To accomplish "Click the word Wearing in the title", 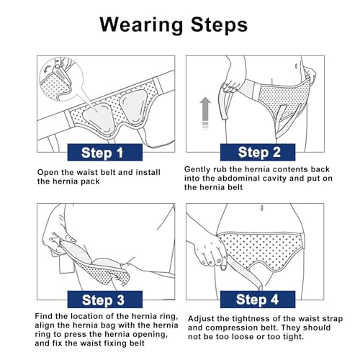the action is point(141,25).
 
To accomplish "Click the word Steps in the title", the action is point(219,24).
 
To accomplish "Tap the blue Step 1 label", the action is point(105,153).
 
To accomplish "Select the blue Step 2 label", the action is point(258,152).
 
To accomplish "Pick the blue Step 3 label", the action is point(105,300).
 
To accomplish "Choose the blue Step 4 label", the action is point(258,300).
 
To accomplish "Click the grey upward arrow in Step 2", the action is point(205,113).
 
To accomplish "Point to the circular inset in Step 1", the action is point(61,79).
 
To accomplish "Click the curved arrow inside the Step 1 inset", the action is point(47,68).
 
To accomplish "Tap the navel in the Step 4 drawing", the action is point(262,208).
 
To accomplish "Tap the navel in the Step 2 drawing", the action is point(297,66).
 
